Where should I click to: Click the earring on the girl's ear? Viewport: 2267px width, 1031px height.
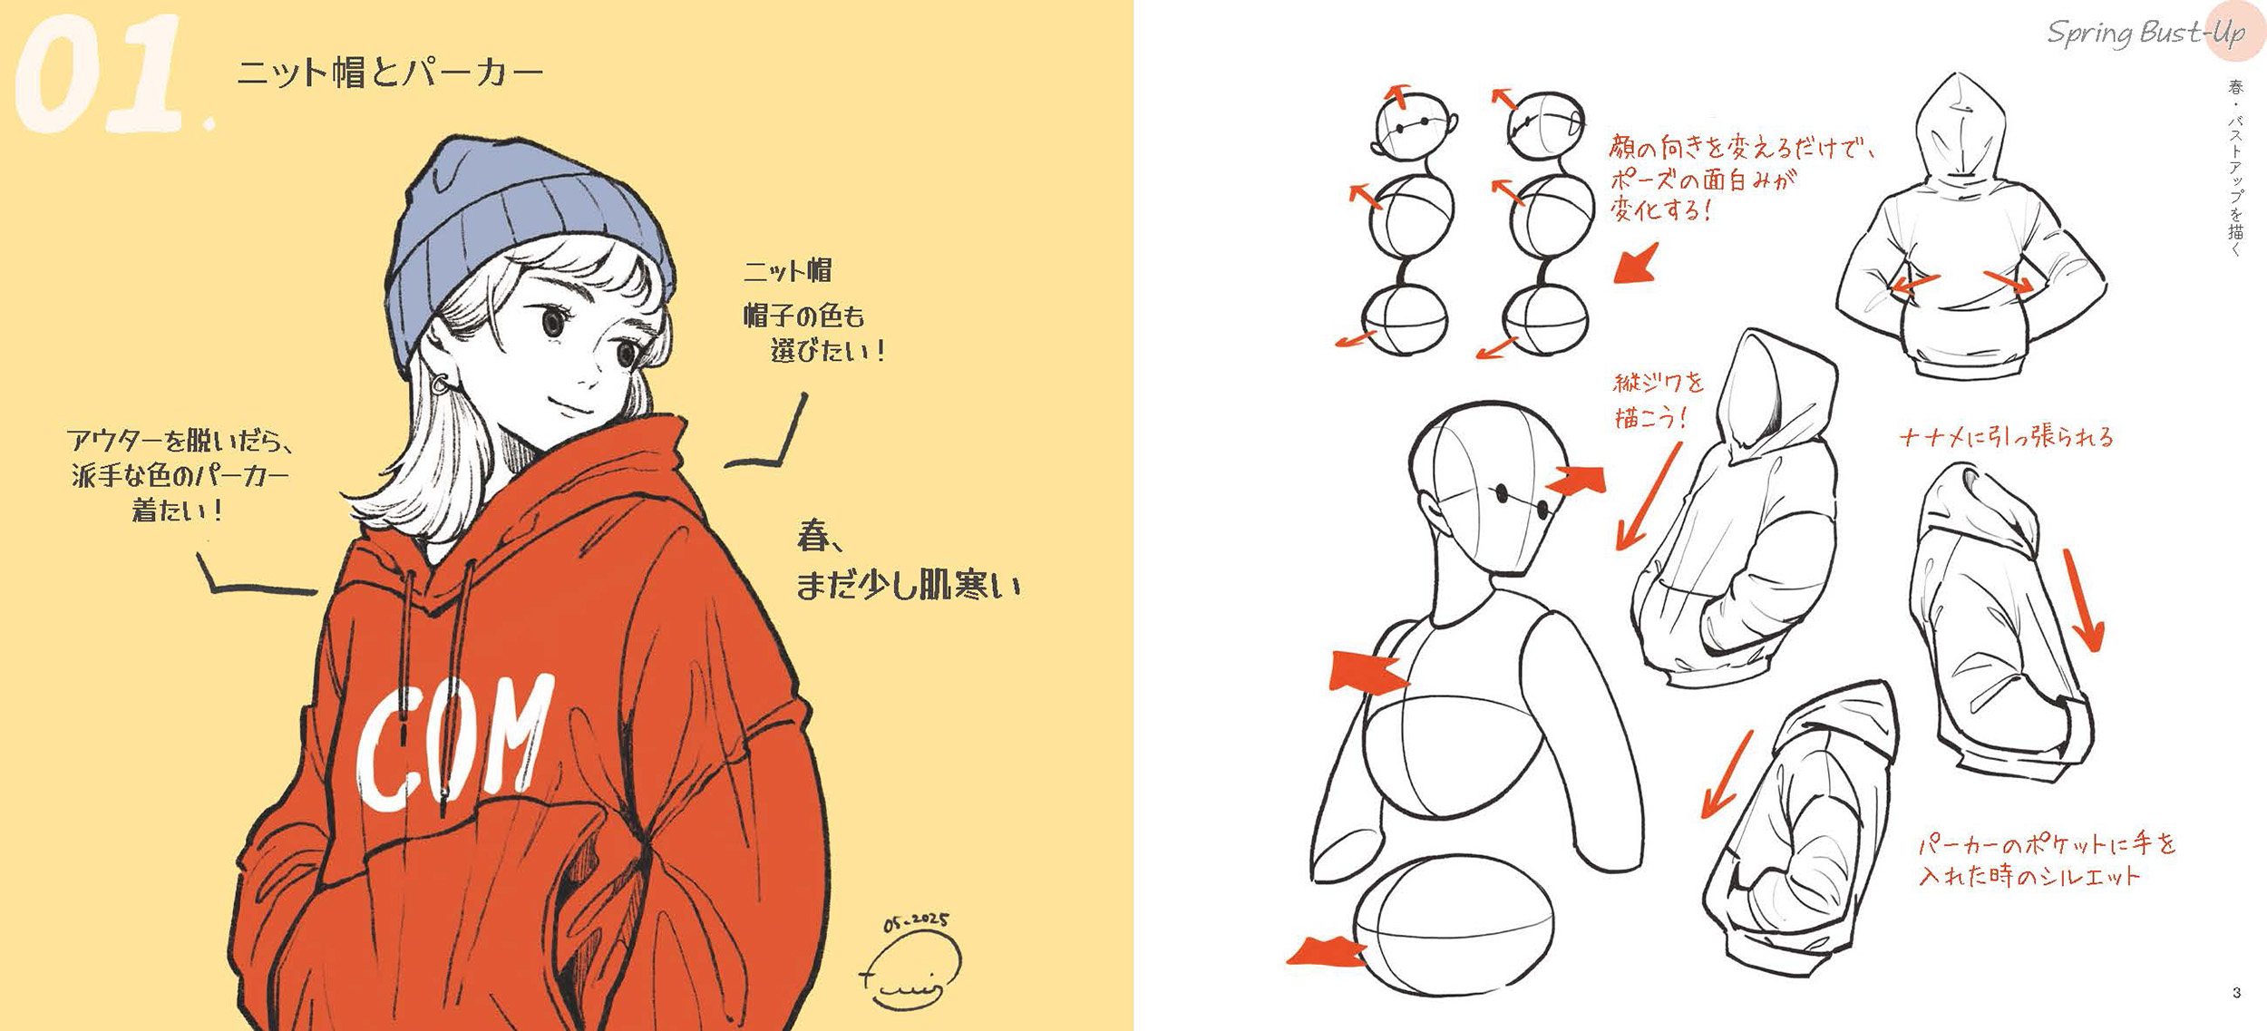click(440, 384)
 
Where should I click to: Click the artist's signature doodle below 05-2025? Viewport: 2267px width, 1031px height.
click(911, 970)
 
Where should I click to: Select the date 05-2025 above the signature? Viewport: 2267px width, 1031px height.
click(916, 922)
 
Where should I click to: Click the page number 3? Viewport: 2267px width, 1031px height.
click(2236, 993)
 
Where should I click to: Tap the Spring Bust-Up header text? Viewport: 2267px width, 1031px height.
click(2145, 34)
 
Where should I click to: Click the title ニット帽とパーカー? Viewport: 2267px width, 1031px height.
click(390, 73)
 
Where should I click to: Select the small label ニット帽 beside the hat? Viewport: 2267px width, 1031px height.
click(787, 270)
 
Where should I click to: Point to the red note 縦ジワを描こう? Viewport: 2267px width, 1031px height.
click(1659, 400)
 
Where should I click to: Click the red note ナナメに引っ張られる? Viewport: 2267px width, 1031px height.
click(2006, 437)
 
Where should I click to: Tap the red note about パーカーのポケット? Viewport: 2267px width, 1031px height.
click(2047, 859)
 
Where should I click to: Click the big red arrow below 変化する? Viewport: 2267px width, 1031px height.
click(1637, 264)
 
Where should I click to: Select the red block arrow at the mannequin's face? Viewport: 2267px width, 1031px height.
click(1576, 480)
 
